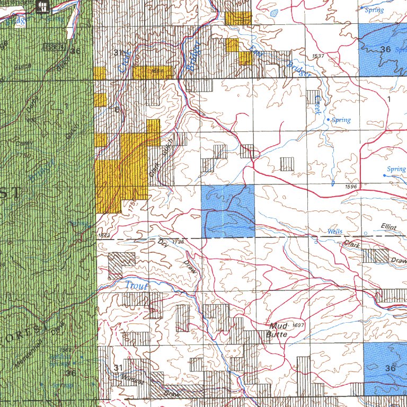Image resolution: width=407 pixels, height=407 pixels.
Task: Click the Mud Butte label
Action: (278, 330)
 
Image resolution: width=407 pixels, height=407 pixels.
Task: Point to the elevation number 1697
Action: (298, 324)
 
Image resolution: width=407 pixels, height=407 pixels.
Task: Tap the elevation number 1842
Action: (104, 235)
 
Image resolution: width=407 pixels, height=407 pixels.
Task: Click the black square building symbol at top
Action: (42, 6)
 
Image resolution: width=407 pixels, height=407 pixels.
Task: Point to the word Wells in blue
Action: (335, 232)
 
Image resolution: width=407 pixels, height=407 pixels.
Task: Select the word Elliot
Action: (389, 226)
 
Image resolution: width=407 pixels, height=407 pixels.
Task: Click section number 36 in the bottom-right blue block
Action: (391, 368)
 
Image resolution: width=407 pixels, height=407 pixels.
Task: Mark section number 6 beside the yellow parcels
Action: (116, 109)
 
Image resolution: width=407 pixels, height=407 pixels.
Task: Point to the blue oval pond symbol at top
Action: (273, 13)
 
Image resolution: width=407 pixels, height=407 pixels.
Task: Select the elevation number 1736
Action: (178, 241)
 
